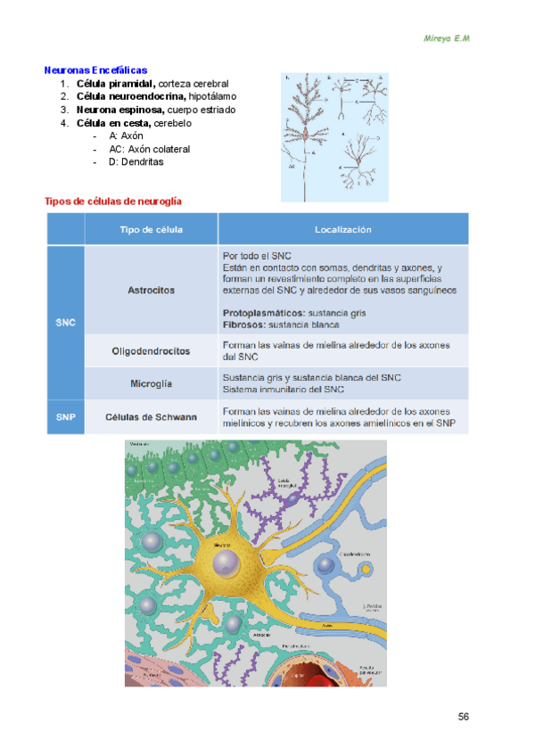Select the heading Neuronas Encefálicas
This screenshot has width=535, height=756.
click(x=96, y=70)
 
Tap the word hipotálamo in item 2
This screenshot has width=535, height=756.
click(x=212, y=96)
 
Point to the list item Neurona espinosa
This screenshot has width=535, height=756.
click(x=121, y=110)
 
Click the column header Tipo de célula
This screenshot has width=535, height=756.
click(x=152, y=230)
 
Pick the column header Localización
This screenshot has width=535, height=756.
click(x=342, y=230)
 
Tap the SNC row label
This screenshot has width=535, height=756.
click(x=65, y=322)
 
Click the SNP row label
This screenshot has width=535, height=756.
click(x=65, y=416)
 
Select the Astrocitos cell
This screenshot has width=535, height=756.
click(x=151, y=290)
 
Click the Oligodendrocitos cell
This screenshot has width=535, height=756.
click(x=151, y=351)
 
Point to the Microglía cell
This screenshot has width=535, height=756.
click(x=151, y=383)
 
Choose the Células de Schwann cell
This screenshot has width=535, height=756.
click(x=151, y=416)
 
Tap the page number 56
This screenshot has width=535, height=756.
click(x=464, y=717)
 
